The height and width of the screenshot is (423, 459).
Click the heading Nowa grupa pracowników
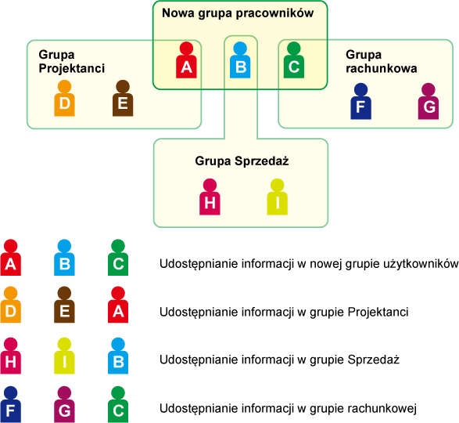pos(238,13)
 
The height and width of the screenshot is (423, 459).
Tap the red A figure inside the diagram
pos(186,60)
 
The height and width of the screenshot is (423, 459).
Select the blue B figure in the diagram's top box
pos(240,60)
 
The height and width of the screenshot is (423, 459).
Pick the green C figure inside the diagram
pos(294,60)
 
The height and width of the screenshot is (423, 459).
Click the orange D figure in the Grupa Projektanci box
pos(64,98)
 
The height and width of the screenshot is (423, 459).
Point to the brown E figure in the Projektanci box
pos(123,98)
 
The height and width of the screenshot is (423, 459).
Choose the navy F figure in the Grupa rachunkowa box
pos(361,101)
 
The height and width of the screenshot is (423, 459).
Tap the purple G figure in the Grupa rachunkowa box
pos(429,101)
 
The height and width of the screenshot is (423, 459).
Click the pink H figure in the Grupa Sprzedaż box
pos(210,197)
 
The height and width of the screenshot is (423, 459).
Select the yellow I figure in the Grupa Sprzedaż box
pos(278,197)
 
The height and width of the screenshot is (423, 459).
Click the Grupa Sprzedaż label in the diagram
pos(242,161)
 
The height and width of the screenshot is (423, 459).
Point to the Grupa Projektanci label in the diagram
pos(72,62)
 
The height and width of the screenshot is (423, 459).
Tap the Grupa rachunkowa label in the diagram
pos(381,62)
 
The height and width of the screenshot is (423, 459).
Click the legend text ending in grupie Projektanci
pos(284,312)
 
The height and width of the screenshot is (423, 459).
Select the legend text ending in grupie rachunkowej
pos(288,408)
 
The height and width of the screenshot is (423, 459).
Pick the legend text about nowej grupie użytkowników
pos(309,264)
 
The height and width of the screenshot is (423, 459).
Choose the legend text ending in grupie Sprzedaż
pos(280,360)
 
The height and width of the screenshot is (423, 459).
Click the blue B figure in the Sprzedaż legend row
pos(118,356)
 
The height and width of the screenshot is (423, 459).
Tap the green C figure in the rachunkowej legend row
pos(118,404)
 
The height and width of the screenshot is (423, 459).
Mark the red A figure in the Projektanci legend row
pos(118,305)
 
